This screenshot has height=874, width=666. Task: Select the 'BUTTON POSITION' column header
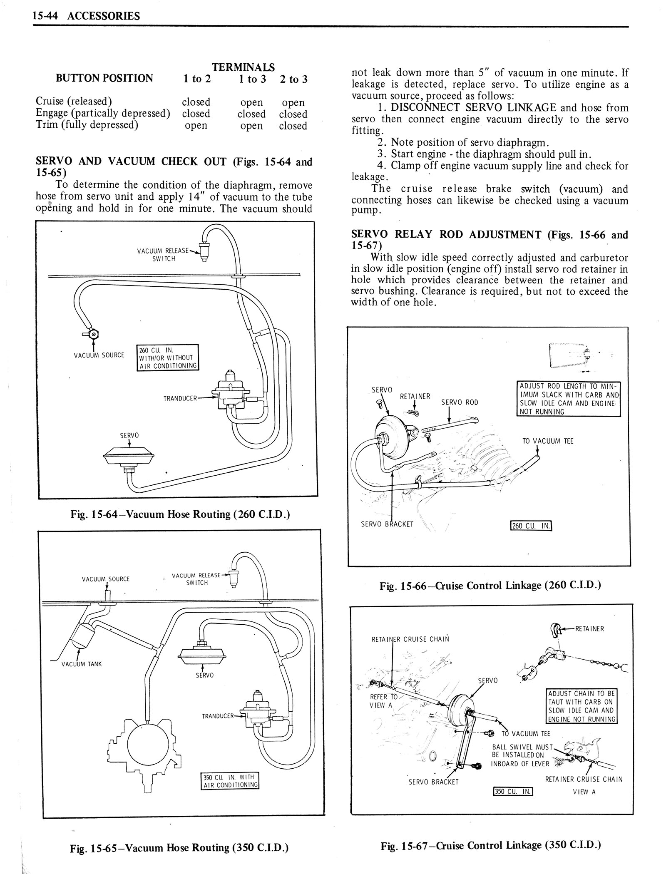[104, 78]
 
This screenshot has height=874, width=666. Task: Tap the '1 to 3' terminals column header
[252, 79]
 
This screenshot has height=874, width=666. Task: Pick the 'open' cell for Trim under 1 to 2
[196, 125]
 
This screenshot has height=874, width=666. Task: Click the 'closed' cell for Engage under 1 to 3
[251, 114]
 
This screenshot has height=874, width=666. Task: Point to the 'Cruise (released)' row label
[74, 101]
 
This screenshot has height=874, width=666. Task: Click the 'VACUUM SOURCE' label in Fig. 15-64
[99, 355]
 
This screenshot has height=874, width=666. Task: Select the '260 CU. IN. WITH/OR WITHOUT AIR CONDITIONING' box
[168, 358]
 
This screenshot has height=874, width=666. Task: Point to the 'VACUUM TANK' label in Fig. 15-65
[82, 664]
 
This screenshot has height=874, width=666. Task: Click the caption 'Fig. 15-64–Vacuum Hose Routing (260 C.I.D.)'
[180, 514]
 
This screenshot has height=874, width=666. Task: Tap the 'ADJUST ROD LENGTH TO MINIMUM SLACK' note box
[568, 398]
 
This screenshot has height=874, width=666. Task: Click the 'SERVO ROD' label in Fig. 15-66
[460, 402]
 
